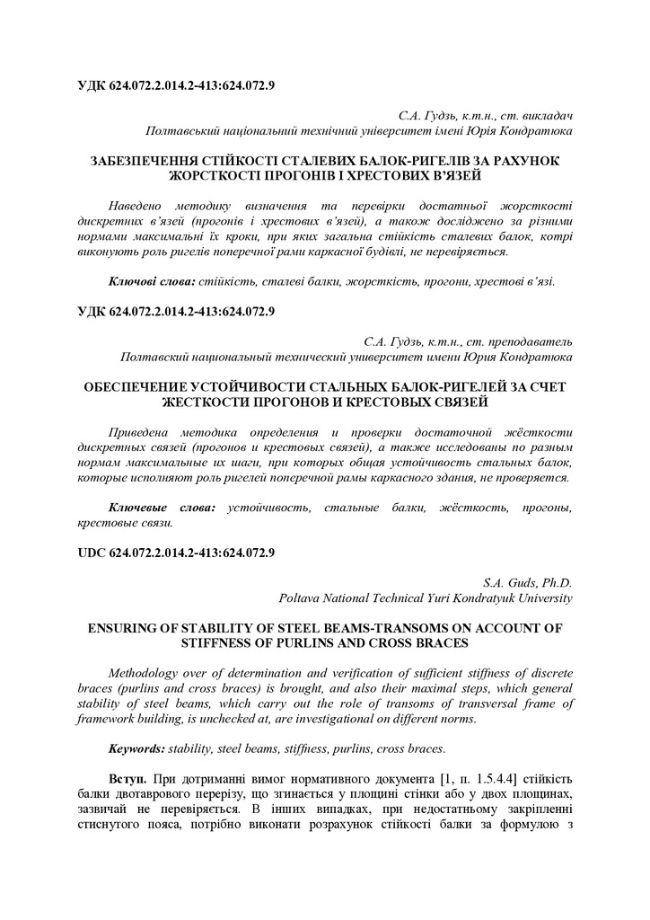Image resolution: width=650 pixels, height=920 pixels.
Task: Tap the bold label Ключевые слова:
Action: pos(162,508)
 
